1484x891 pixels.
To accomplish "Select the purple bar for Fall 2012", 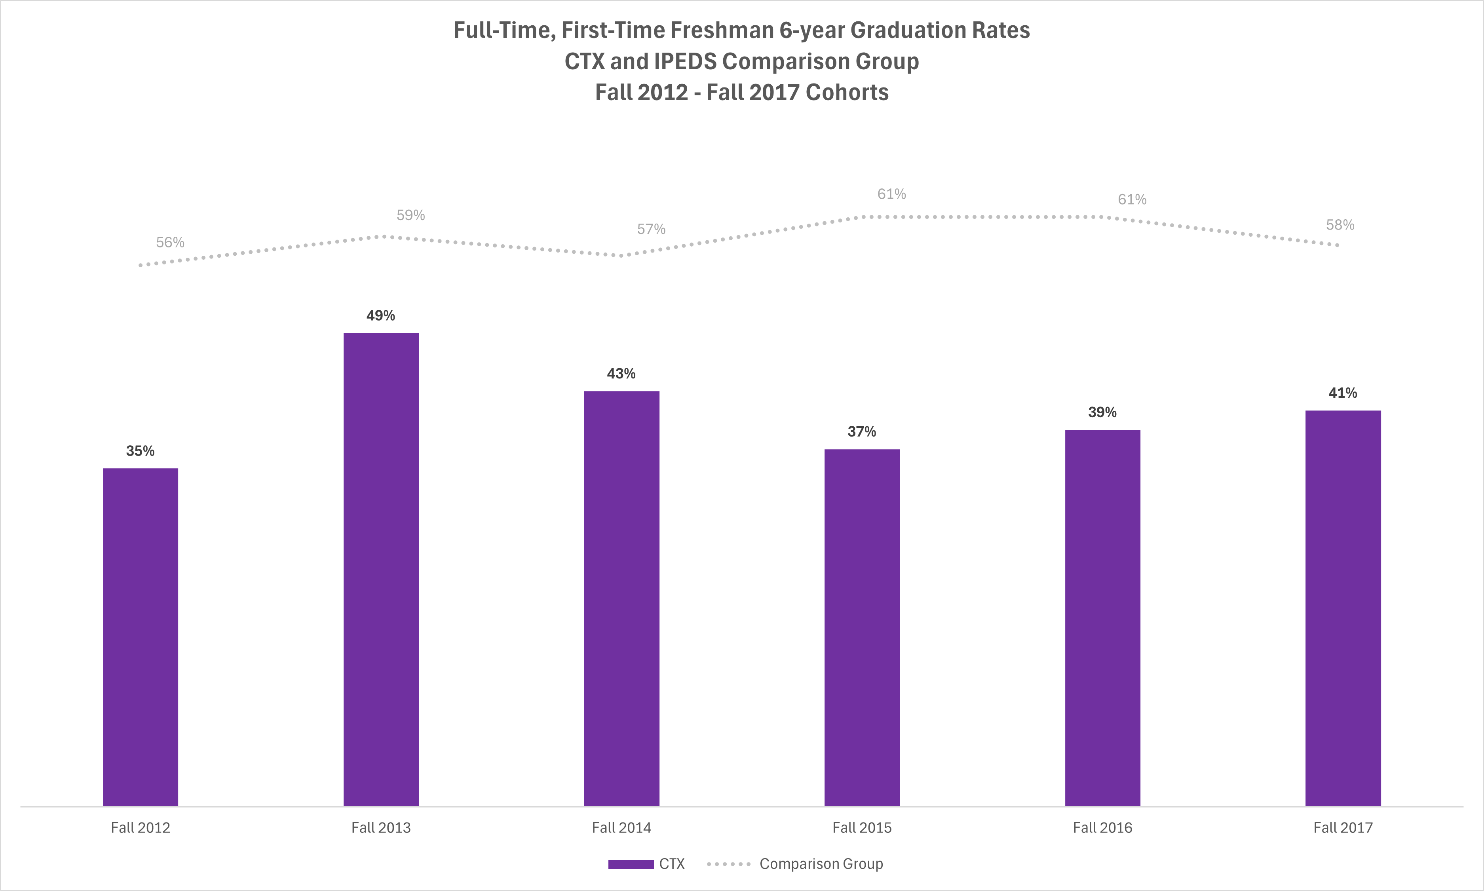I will point(141,636).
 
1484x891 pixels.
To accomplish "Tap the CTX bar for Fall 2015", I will point(861,627).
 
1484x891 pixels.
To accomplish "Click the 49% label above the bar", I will point(381,316).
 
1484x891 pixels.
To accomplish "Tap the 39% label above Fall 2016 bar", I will point(1102,412).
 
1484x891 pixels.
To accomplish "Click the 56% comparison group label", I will point(170,243).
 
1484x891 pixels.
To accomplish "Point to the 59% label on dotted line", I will point(410,215).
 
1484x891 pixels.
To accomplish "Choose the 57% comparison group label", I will point(651,229).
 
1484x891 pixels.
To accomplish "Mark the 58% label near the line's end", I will point(1340,225).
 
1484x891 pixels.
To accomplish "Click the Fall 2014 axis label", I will point(621,828).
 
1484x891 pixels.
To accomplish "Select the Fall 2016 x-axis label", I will point(1102,828).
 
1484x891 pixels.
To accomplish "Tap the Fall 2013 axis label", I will point(381,828).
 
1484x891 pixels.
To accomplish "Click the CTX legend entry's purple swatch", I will point(630,864).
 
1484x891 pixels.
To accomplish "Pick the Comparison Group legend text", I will point(821,864).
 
